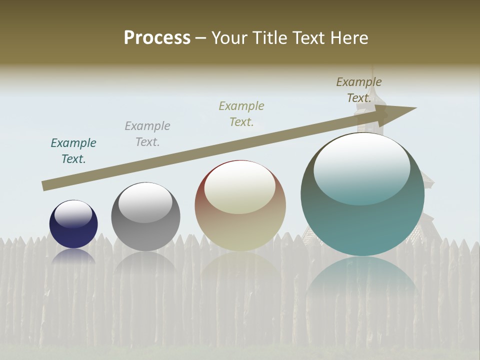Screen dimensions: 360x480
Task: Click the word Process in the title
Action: point(157,38)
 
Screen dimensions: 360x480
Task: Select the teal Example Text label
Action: point(73,150)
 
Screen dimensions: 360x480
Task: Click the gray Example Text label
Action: point(147,133)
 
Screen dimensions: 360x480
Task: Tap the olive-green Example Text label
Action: point(241,113)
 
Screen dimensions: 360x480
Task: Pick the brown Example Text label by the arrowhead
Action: point(359,89)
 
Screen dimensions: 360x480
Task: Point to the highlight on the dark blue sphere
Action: point(73,214)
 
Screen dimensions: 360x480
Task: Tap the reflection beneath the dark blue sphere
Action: point(73,256)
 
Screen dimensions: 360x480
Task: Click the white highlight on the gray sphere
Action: point(145,202)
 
